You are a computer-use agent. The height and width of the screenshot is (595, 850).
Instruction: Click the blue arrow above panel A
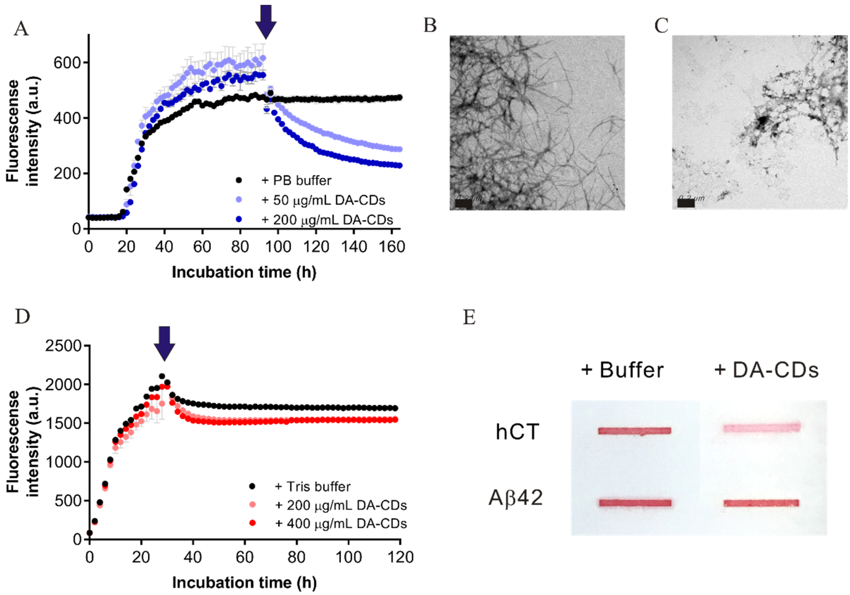pyautogui.click(x=265, y=20)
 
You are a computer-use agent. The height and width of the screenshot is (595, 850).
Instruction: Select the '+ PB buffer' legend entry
pyautogui.click(x=296, y=181)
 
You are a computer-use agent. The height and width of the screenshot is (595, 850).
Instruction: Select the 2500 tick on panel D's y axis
pyautogui.click(x=63, y=346)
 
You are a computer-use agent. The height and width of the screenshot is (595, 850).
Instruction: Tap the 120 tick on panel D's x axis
pyautogui.click(x=400, y=557)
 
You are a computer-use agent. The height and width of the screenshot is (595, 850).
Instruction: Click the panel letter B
pyautogui.click(x=430, y=25)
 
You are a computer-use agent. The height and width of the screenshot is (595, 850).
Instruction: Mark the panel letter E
pyautogui.click(x=469, y=317)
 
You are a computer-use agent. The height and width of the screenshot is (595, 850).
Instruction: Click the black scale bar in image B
pyautogui.click(x=463, y=203)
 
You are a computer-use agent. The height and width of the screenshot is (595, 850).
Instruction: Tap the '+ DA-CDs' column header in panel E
pyautogui.click(x=766, y=370)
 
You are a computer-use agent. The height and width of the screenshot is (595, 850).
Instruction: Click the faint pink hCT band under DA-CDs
pyautogui.click(x=762, y=428)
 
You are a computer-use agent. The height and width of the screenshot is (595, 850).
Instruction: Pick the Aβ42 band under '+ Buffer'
pyautogui.click(x=635, y=503)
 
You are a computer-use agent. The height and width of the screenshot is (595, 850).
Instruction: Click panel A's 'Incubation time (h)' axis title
pyautogui.click(x=244, y=272)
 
